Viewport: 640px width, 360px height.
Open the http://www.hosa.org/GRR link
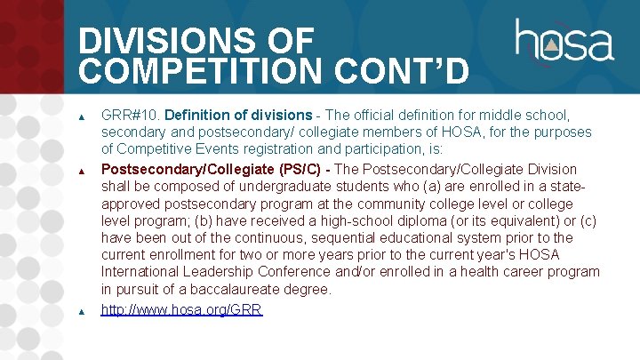[x=181, y=310]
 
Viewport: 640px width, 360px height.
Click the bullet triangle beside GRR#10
[x=82, y=116]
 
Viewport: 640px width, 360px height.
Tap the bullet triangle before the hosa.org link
[x=82, y=311]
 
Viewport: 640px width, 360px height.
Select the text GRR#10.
[x=130, y=116]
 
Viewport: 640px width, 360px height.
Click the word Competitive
[x=156, y=150]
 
